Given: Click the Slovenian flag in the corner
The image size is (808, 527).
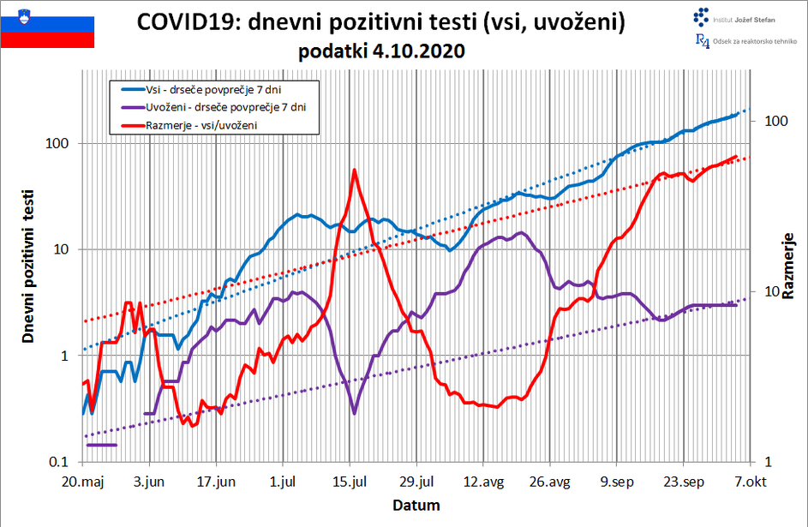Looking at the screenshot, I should click(47, 25).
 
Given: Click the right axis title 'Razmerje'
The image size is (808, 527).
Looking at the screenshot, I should click(787, 266).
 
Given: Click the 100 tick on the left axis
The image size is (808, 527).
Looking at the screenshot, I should click(57, 144).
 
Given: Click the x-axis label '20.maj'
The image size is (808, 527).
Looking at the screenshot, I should click(84, 482).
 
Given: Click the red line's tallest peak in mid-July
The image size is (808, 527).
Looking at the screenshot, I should click(354, 170).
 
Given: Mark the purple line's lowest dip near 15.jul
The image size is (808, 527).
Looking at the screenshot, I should click(354, 413).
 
